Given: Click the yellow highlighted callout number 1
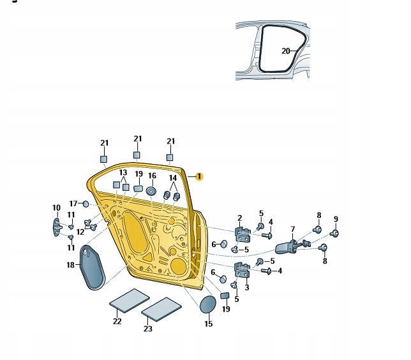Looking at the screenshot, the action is pos(199,176).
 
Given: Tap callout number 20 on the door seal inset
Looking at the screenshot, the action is pos(286,51).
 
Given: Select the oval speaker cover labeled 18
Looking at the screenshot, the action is pos(93,267).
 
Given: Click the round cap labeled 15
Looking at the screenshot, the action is pos(208,304).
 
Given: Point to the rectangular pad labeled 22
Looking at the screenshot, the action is pos(130,301).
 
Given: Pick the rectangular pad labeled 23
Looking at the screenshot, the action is pos(161,310).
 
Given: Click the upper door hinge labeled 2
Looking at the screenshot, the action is pos(243,234).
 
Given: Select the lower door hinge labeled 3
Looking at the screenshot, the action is pos(243,269).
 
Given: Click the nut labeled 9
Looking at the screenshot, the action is pos(334,233).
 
